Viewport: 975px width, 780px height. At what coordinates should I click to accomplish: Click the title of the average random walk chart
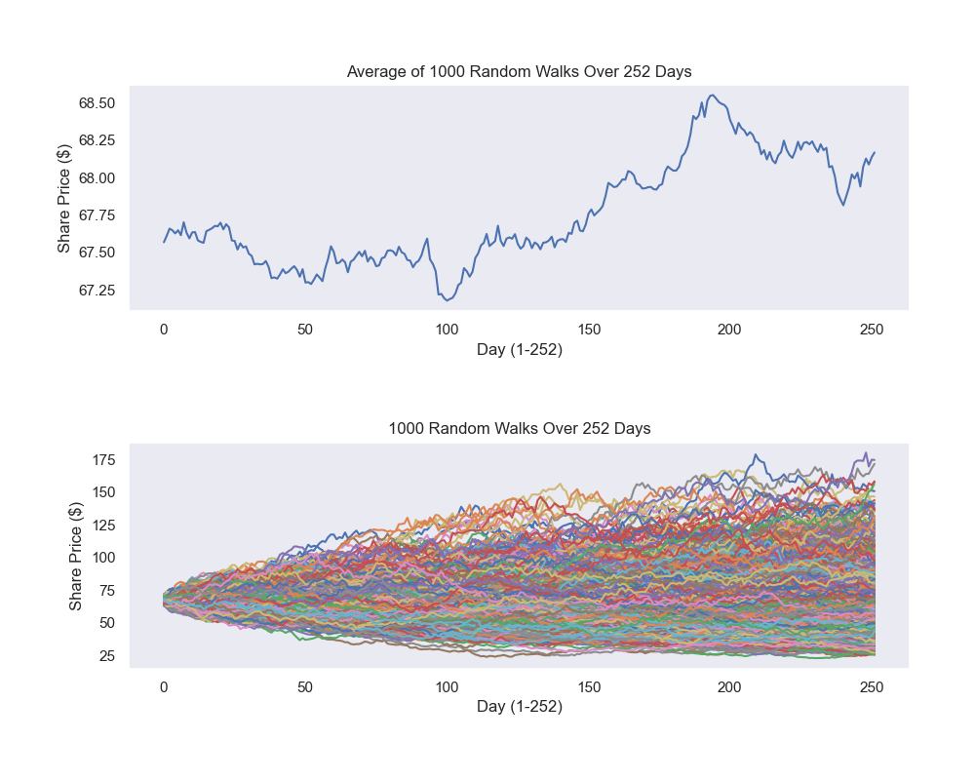(x=519, y=72)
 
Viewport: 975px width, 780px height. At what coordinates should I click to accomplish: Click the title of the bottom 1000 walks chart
(x=519, y=428)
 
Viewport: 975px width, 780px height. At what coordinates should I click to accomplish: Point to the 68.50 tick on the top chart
(x=97, y=103)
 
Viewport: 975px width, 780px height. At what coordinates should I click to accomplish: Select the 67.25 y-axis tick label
(x=97, y=291)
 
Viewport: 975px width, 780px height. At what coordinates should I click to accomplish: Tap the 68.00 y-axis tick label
(x=97, y=178)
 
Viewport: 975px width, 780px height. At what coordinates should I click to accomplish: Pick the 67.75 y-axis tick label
(x=97, y=215)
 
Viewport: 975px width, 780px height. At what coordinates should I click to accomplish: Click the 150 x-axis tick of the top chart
(x=589, y=330)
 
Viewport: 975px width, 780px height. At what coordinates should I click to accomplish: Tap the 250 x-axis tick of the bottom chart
(x=872, y=687)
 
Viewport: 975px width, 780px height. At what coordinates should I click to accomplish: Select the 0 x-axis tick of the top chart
(x=164, y=330)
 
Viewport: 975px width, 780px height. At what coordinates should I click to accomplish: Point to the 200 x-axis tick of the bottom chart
(x=730, y=687)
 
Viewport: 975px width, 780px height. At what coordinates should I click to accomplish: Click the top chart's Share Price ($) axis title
(x=64, y=198)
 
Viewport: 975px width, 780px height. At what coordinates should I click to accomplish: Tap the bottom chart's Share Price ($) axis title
(x=76, y=557)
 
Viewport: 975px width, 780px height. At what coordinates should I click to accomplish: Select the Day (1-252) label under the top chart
(x=519, y=350)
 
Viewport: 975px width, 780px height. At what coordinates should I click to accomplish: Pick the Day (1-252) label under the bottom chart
(x=519, y=707)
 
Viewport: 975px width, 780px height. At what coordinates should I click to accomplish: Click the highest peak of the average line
(x=713, y=95)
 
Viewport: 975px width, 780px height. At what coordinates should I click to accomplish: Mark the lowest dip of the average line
(x=448, y=300)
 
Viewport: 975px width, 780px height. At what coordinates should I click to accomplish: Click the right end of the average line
(x=875, y=152)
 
